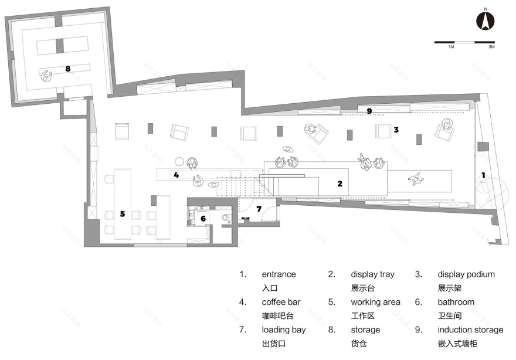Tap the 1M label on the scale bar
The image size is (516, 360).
click(x=451, y=46)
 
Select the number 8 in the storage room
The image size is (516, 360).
click(x=68, y=69)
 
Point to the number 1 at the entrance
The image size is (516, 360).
click(x=483, y=175)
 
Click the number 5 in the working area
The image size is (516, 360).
click(x=123, y=214)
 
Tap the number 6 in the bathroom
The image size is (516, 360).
click(x=203, y=219)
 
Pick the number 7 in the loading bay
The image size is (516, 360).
click(x=259, y=209)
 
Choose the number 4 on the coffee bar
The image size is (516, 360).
click(x=175, y=175)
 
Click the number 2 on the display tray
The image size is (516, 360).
click(x=340, y=184)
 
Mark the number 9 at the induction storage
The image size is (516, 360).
click(x=369, y=111)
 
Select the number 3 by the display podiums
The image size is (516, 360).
click(x=396, y=130)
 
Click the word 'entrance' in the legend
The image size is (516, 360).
click(x=279, y=274)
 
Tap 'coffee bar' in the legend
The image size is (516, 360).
click(x=281, y=302)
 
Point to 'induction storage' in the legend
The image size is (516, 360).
click(x=470, y=330)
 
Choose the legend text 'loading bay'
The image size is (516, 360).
click(x=284, y=330)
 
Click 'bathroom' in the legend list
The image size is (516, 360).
click(x=456, y=302)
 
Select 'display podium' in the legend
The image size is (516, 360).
click(x=466, y=274)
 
